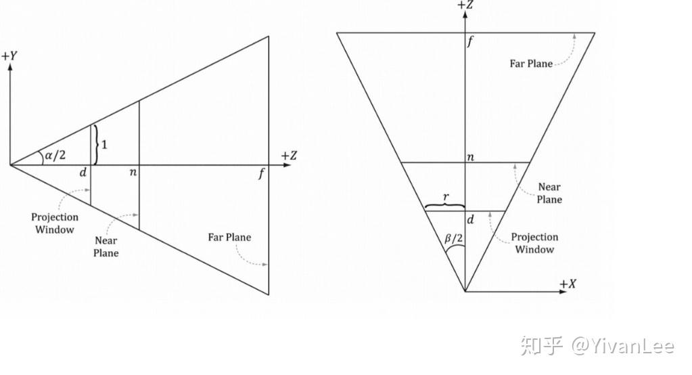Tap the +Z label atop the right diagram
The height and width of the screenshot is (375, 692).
465,6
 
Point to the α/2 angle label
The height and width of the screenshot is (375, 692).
54,156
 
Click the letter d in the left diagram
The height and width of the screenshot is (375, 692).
83,173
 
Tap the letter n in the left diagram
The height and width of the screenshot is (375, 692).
133,173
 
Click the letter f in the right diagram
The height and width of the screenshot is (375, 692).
471,42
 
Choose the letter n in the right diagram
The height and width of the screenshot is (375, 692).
470,157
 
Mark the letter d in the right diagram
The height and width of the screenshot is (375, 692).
470,219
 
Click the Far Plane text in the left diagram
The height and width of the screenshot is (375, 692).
229,238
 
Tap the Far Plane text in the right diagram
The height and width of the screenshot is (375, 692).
531,64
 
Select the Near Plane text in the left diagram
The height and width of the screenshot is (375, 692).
106,246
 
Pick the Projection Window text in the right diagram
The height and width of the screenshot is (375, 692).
534,243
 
